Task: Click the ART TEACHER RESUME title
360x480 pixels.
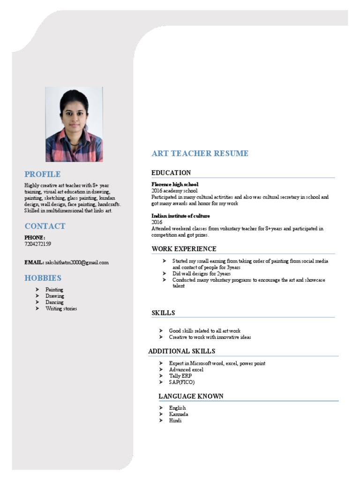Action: pyautogui.click(x=200, y=153)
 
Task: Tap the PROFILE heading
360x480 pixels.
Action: pyautogui.click(x=43, y=174)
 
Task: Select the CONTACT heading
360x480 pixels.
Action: pyautogui.click(x=45, y=226)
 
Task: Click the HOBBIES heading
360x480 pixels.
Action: pyautogui.click(x=43, y=278)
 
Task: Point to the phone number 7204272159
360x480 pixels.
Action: pyautogui.click(x=38, y=244)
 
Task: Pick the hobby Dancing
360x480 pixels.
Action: pyautogui.click(x=55, y=302)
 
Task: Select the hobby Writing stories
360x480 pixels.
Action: pyautogui.click(x=61, y=309)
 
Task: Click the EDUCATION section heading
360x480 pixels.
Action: pyautogui.click(x=171, y=173)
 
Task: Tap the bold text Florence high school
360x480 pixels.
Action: pyautogui.click(x=175, y=185)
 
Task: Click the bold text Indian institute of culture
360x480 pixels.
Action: pyautogui.click(x=180, y=216)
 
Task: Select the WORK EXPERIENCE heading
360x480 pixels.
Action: pyautogui.click(x=184, y=249)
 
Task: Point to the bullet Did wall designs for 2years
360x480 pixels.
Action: pyautogui.click(x=202, y=273)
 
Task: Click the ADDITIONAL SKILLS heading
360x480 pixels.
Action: pyautogui.click(x=182, y=351)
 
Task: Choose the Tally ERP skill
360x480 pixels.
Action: pyautogui.click(x=180, y=376)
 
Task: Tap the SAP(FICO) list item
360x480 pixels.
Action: pyautogui.click(x=182, y=382)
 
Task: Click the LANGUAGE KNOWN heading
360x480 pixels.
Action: pyautogui.click(x=191, y=396)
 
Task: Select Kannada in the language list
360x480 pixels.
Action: pyautogui.click(x=179, y=414)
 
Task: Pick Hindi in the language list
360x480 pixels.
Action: pyautogui.click(x=175, y=421)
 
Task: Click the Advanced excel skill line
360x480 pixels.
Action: pyautogui.click(x=186, y=370)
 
